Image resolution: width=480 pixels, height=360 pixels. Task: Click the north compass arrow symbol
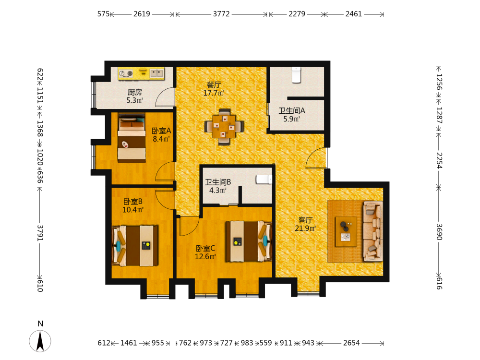[x=40, y=341]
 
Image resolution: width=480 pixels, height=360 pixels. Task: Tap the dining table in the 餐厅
[x=224, y=126]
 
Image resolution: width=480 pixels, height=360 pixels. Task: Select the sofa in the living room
[x=372, y=231]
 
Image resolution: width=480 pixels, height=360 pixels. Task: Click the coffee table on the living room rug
[x=346, y=232]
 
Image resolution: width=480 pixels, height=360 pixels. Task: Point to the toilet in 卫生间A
[x=296, y=75]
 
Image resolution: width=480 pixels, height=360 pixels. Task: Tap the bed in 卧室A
[x=132, y=138]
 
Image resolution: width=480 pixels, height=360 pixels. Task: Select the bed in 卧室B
[x=135, y=246]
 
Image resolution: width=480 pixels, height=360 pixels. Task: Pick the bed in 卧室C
[x=249, y=241]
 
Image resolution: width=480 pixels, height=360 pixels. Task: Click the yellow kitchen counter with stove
[x=142, y=73]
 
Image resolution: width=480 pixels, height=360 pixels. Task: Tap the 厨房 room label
[x=135, y=92]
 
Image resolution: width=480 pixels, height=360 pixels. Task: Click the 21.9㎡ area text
[x=305, y=228]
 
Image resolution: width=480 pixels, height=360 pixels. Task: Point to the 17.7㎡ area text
[x=214, y=93]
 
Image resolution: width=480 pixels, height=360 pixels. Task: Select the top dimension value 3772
[x=221, y=14]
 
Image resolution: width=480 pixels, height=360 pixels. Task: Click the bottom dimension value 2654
[x=351, y=343]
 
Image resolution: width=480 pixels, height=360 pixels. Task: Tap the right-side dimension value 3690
[x=439, y=232]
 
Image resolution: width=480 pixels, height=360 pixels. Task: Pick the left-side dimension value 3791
[x=40, y=233]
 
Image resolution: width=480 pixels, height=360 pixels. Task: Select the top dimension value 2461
[x=354, y=14]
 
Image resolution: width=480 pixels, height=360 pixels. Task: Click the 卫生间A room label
[x=291, y=110]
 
